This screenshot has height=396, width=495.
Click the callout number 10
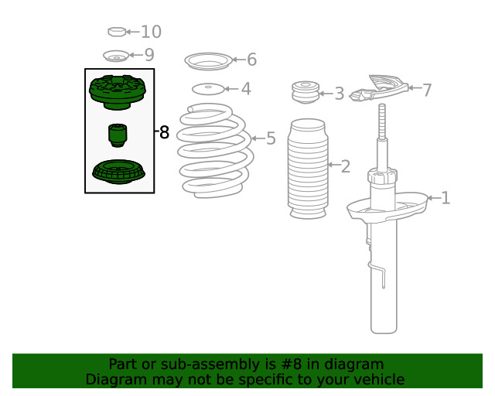click(151, 32)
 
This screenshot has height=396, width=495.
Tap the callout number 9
click(149, 55)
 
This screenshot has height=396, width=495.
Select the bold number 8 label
click(164, 132)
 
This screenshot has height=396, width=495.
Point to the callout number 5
click(271, 138)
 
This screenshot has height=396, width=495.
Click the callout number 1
click(445, 198)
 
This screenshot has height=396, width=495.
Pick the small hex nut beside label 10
click(117, 32)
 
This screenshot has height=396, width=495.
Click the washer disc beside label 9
click(116, 56)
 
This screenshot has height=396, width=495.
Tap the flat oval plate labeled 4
click(208, 89)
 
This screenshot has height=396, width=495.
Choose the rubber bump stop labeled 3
click(306, 92)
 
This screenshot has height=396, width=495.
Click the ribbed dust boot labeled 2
click(308, 169)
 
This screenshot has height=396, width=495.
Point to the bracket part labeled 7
click(380, 88)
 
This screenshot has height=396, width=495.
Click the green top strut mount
click(117, 93)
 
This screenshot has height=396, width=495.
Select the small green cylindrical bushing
click(118, 135)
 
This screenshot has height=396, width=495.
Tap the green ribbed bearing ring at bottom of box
click(118, 172)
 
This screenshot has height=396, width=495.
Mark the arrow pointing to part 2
click(333, 165)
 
